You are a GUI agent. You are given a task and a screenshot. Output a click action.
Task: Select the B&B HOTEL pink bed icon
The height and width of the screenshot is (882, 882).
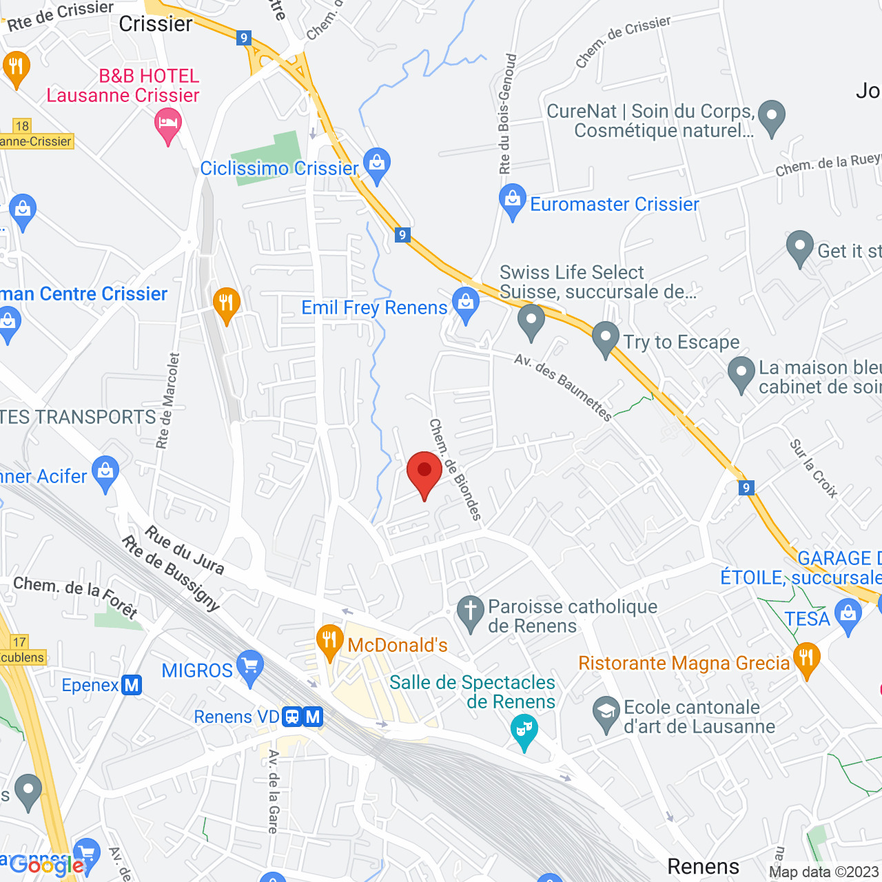[x=168, y=125]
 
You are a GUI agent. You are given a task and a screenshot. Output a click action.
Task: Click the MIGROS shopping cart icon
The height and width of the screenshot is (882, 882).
[x=249, y=666]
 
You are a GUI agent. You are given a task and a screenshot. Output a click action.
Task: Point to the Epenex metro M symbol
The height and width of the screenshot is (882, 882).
[x=132, y=685]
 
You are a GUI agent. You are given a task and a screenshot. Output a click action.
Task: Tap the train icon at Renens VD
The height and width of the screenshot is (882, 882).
[x=292, y=717]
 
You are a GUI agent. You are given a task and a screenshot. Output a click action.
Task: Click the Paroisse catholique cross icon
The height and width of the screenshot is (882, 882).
[x=471, y=611]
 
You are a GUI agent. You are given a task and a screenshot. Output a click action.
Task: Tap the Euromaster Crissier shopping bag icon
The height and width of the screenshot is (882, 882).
[x=512, y=199]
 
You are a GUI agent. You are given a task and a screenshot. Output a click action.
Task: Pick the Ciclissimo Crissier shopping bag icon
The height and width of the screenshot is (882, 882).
[x=376, y=163]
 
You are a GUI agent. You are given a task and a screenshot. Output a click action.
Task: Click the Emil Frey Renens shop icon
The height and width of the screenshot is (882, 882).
[x=466, y=302]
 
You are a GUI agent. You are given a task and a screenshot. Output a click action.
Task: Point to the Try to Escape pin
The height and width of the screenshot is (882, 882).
[x=606, y=338]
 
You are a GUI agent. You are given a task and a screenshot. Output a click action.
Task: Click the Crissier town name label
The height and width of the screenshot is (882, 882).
[x=156, y=24]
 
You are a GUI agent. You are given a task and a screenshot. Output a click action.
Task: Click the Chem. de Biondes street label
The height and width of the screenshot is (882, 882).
[x=455, y=469]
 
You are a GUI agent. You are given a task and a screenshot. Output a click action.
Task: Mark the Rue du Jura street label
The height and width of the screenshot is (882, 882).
[x=185, y=550]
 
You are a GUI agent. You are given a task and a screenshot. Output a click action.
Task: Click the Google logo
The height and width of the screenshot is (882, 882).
[x=46, y=865]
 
